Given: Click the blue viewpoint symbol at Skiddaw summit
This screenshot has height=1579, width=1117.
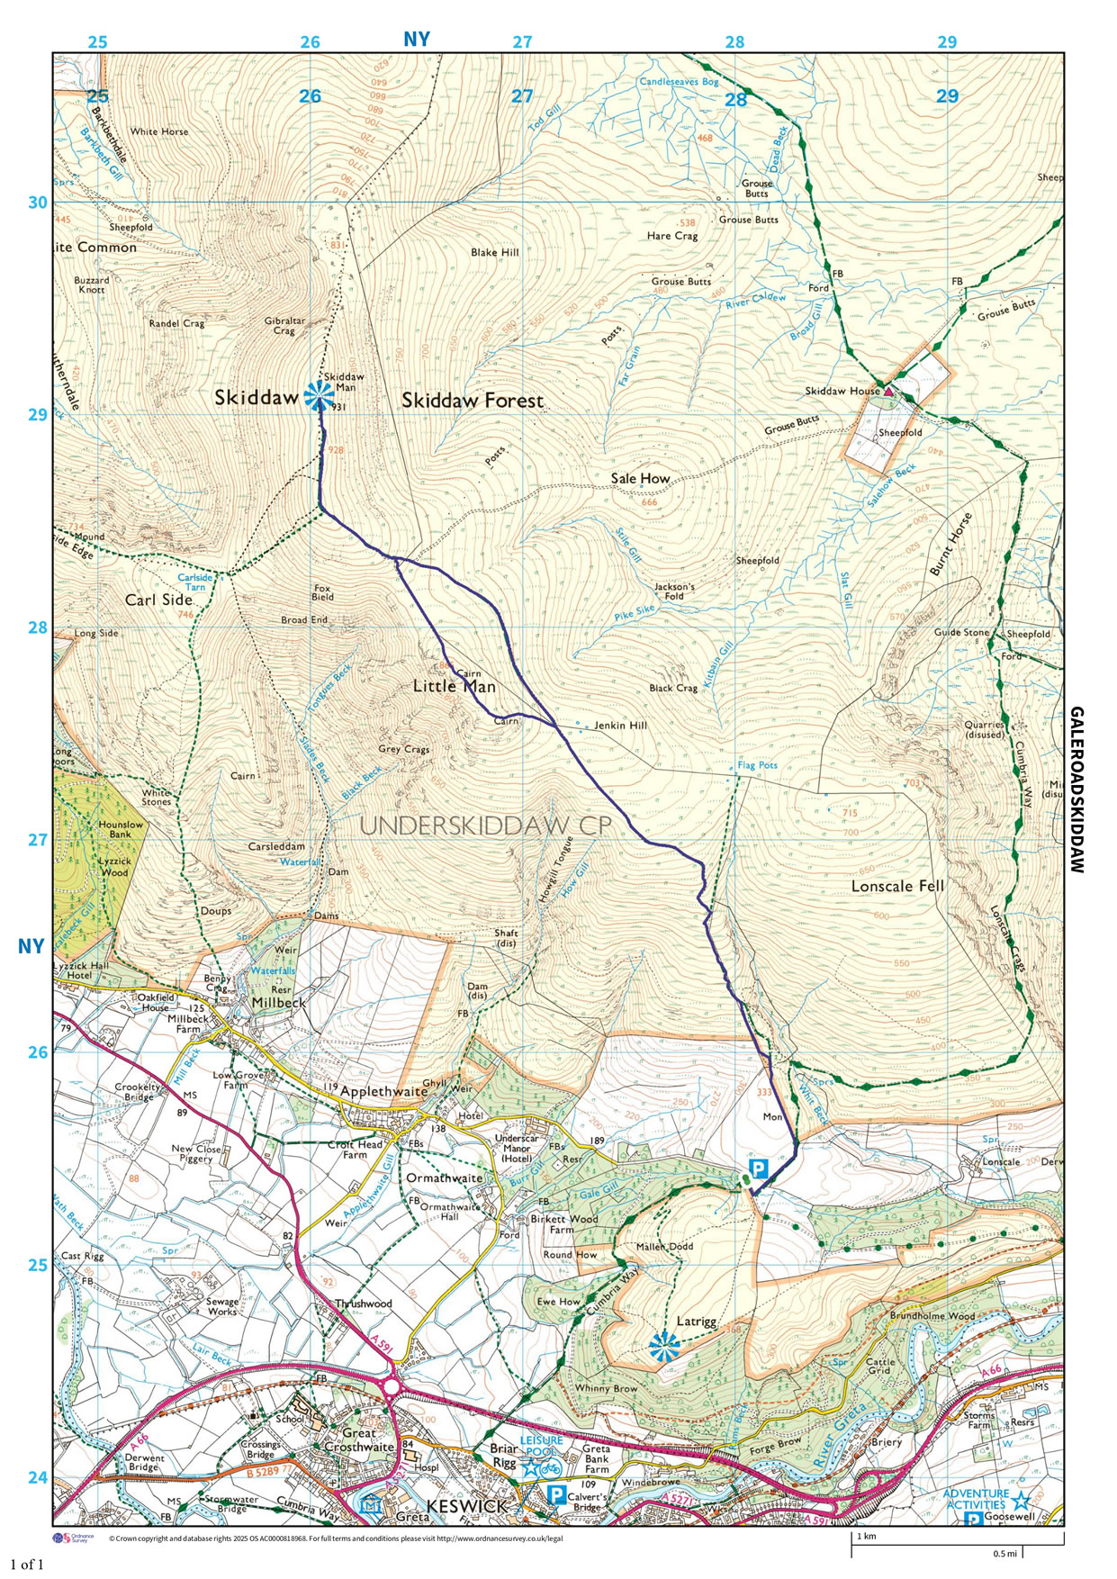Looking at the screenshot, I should (x=318, y=395).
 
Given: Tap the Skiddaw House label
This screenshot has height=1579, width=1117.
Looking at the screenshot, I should (x=842, y=392).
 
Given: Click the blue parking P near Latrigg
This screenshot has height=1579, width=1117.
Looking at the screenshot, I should (x=760, y=1168).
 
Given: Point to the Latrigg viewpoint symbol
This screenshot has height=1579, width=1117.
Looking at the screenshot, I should (x=663, y=1346).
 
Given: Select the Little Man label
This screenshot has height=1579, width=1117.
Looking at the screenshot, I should (x=454, y=687).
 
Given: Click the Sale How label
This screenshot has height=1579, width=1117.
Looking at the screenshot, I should (x=640, y=479).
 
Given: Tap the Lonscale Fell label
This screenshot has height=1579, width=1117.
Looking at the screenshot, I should (x=897, y=886).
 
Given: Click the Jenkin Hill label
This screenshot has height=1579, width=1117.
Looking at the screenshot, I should (x=620, y=726).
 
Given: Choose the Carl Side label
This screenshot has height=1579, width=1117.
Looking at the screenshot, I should (x=158, y=600).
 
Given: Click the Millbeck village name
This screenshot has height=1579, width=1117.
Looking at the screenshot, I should (x=278, y=1002).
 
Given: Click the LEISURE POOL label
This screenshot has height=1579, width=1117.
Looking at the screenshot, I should (x=539, y=1446).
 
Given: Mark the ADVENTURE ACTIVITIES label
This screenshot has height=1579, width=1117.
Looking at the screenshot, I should (x=976, y=1499).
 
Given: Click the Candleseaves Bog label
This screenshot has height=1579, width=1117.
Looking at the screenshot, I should (x=679, y=82).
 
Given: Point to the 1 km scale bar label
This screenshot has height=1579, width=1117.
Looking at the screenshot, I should (x=866, y=1536).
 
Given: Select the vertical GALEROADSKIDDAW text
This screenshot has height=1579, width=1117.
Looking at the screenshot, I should (x=1076, y=789).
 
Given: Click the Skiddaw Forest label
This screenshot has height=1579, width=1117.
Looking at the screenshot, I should (x=473, y=401).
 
